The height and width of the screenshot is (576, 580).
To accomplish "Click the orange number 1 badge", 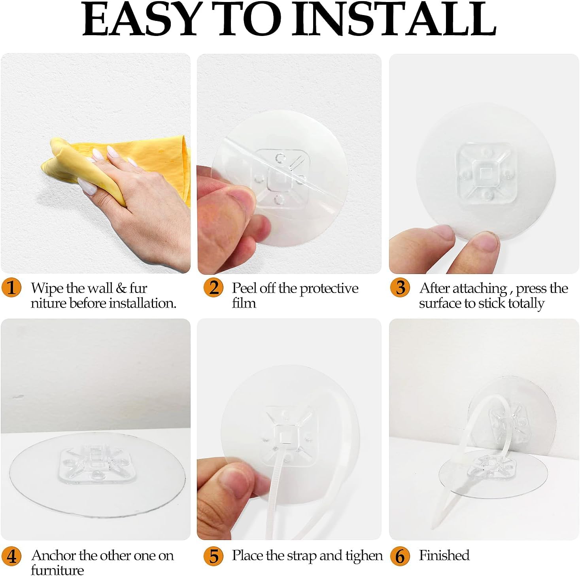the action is coord(11,287).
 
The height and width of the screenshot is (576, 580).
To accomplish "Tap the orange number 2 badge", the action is coord(213,287).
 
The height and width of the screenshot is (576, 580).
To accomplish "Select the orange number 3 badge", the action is coord(400,287).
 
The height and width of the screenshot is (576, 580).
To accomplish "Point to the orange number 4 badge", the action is coord(11,556).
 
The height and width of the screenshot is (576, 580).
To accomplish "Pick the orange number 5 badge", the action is coord(213,556).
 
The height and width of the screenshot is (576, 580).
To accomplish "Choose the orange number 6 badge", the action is coord(400,556).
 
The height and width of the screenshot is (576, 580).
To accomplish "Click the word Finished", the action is coord(444,555).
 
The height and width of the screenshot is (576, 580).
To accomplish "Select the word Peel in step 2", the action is coord(244,288).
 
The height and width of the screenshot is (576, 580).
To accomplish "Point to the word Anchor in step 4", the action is coord(53,555).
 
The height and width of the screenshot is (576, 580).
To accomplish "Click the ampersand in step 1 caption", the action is coord(121,288).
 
